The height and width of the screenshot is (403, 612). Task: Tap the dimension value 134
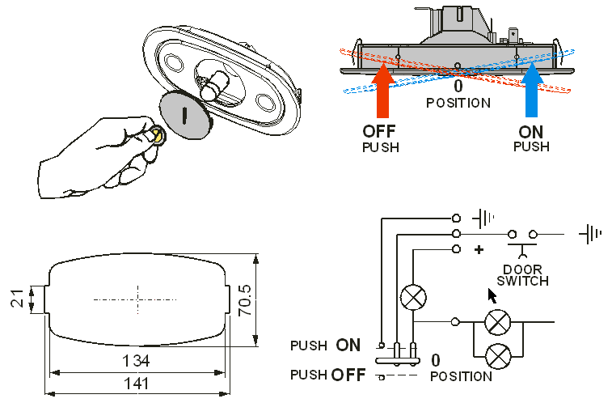click(137, 358)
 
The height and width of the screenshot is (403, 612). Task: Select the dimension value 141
click(137, 386)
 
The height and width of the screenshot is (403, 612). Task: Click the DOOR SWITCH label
click(522, 275)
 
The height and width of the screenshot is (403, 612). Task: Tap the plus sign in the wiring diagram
click(479, 250)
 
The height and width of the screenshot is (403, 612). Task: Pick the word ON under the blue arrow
click(530, 131)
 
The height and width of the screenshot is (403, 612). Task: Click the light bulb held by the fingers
click(158, 135)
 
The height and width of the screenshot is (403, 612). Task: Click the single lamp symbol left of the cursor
click(415, 297)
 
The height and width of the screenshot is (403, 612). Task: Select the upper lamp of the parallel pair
click(496, 322)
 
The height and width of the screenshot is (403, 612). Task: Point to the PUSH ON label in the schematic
click(325, 346)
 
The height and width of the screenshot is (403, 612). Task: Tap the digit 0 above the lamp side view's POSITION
click(458, 87)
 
